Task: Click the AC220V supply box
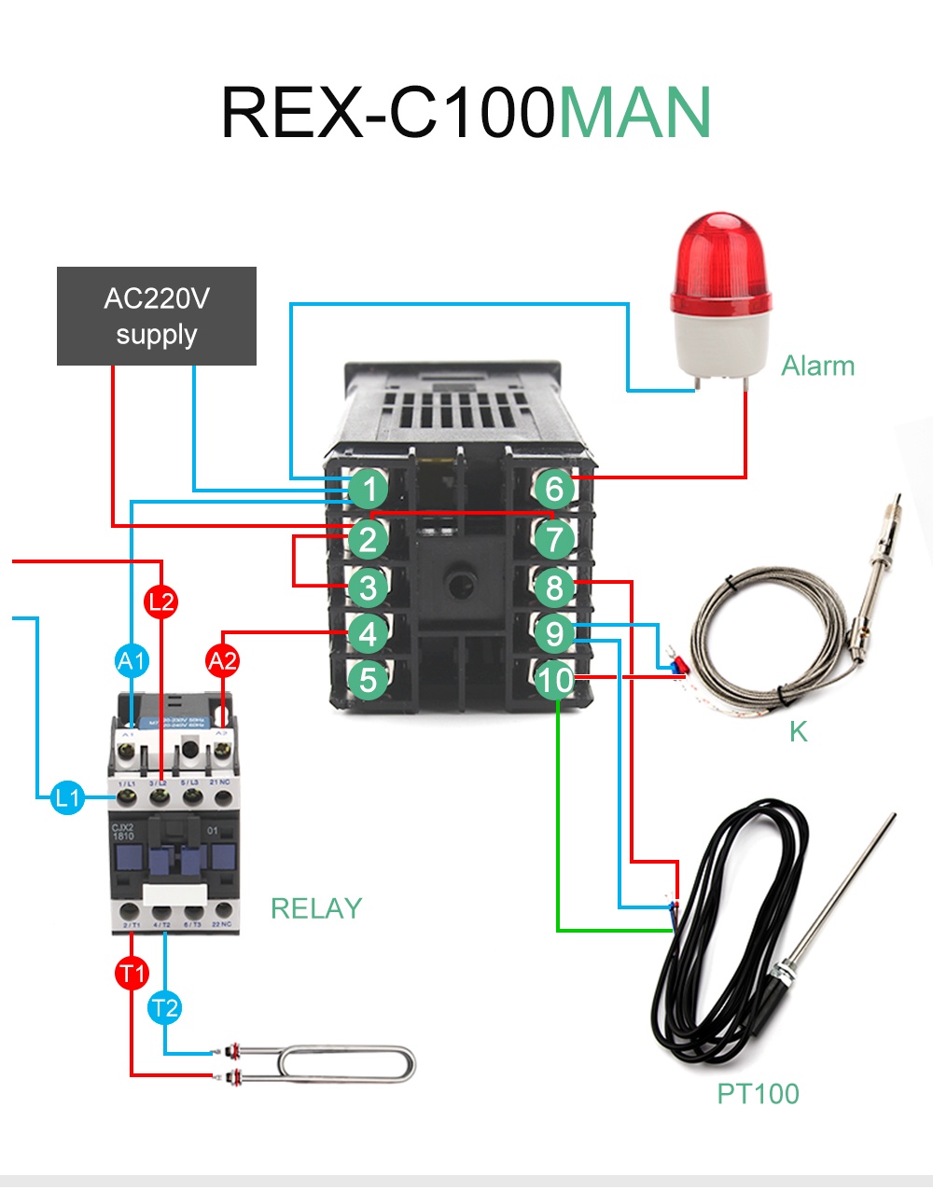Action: (157, 316)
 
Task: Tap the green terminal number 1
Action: (369, 488)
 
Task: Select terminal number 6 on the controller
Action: (554, 488)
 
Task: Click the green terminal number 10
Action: (554, 680)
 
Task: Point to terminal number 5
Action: (369, 680)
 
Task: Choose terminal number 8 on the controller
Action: (554, 588)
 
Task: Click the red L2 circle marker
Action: (161, 602)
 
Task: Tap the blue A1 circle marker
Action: (132, 661)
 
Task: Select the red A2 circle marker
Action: (222, 661)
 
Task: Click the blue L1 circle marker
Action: (67, 798)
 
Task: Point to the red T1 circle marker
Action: (132, 974)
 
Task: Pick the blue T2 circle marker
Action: (164, 1008)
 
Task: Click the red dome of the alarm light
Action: (720, 261)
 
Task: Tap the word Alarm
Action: (817, 366)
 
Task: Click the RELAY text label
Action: (315, 908)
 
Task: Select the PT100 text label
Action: (758, 1093)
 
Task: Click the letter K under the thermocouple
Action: (798, 732)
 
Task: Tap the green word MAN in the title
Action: (635, 113)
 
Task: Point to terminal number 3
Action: (369, 588)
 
